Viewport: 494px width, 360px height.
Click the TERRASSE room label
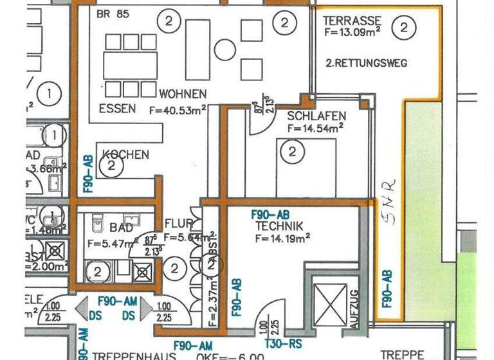pyautogui.click(x=352, y=21)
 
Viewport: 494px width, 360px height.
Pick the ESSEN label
pyautogui.click(x=117, y=109)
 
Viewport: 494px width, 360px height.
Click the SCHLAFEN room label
pyautogui.click(x=316, y=116)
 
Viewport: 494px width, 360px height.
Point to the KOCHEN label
pyautogui.click(x=126, y=154)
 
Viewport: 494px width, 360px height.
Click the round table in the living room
pyautogui.click(x=225, y=50)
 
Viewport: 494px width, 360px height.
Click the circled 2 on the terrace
pyautogui.click(x=403, y=27)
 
